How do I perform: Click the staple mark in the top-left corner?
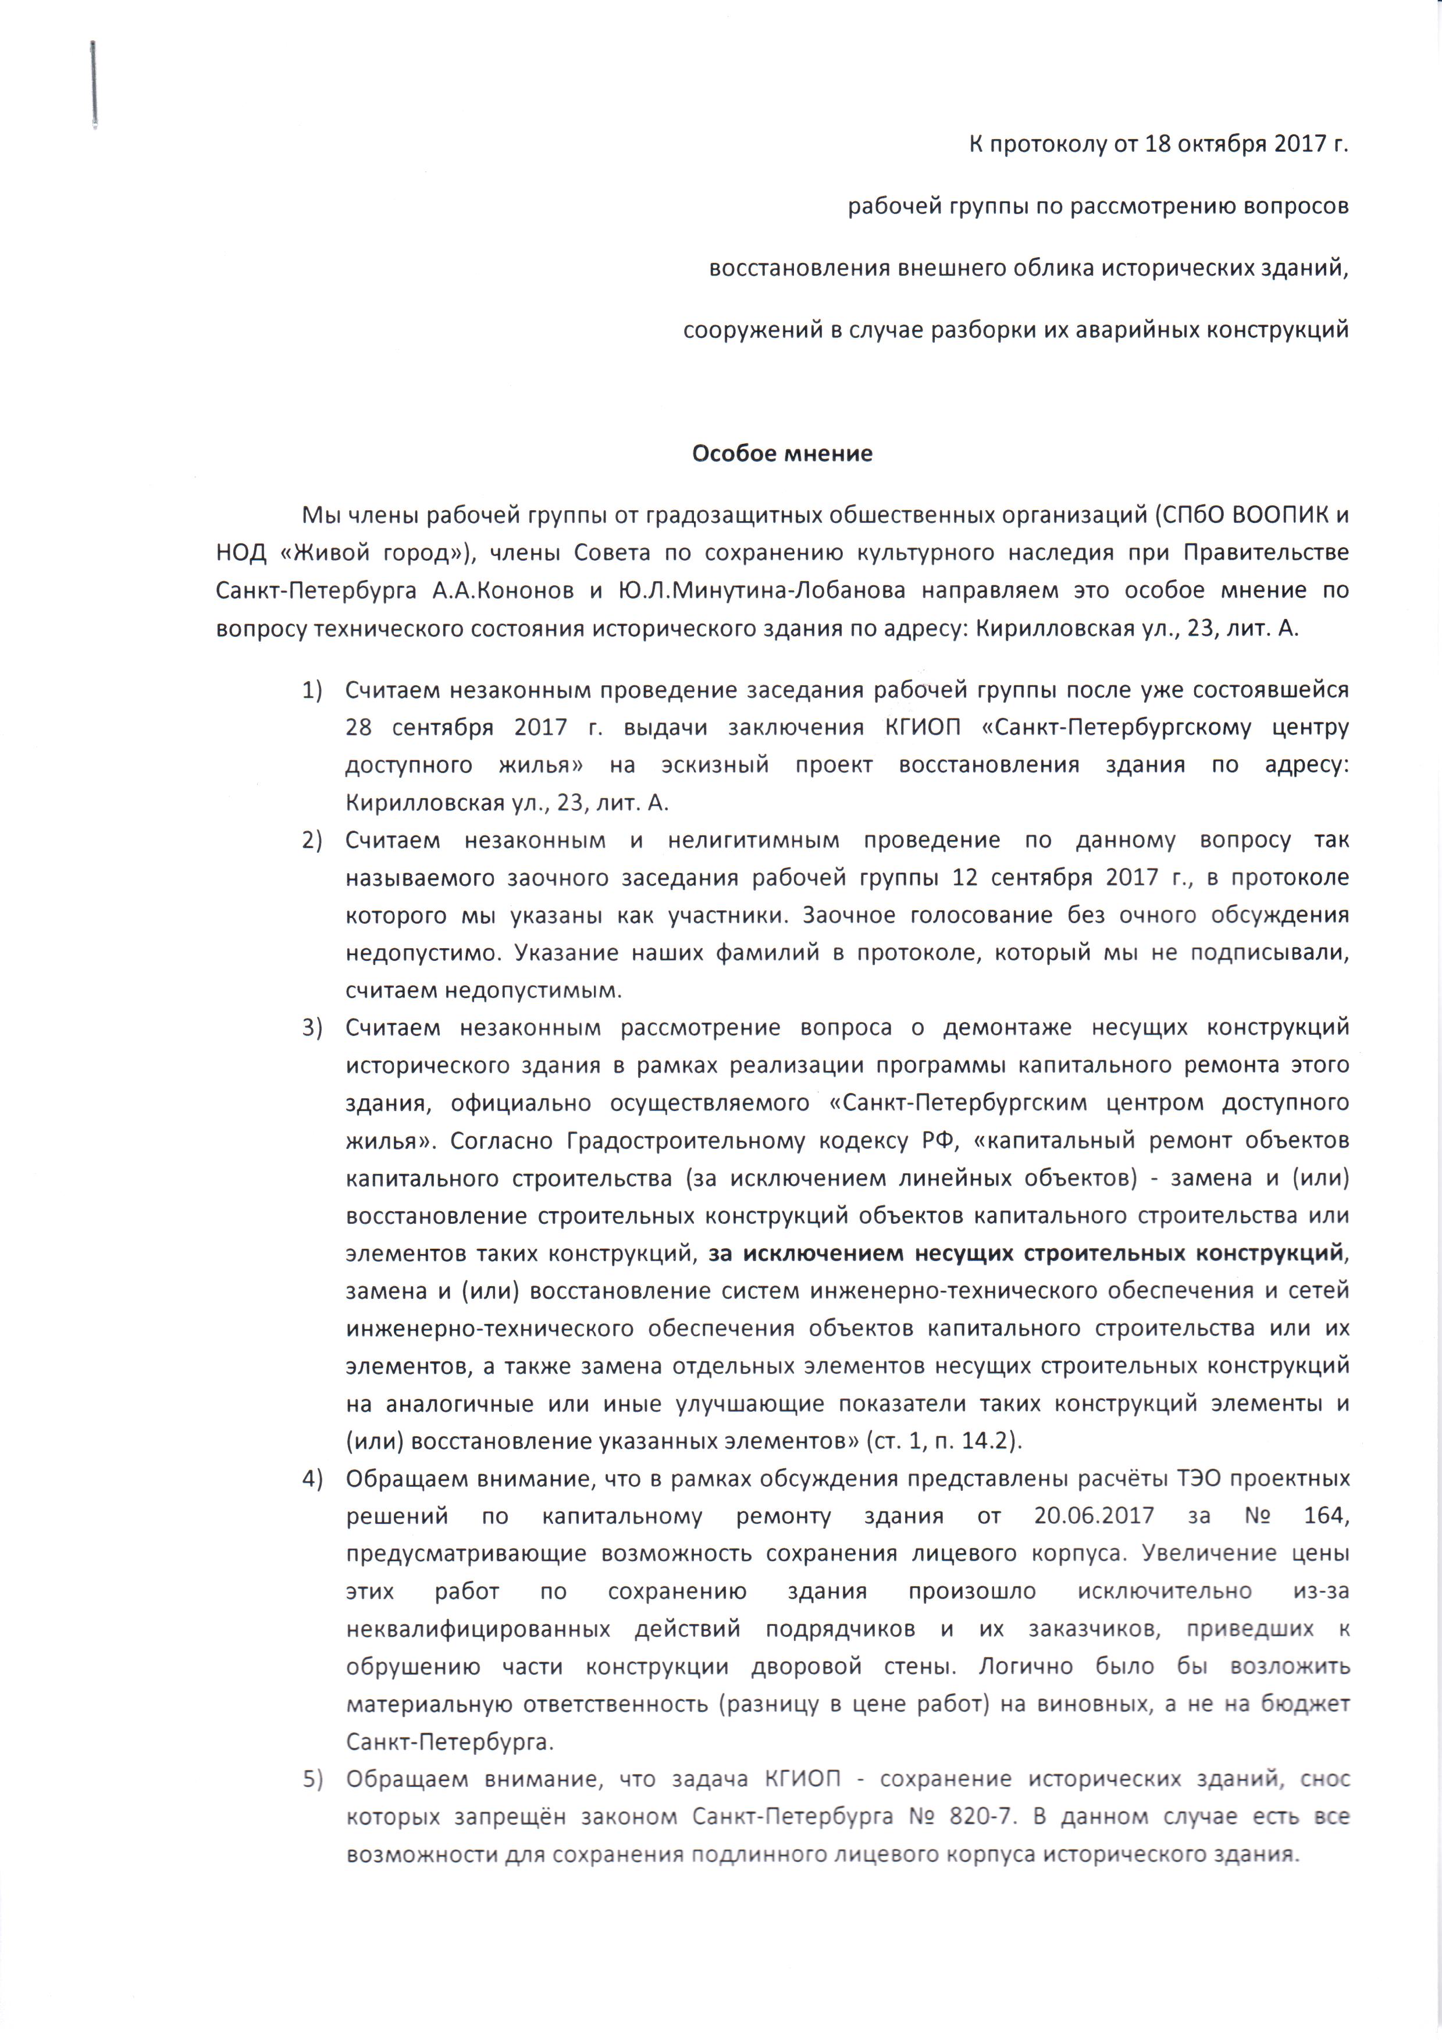92,84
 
